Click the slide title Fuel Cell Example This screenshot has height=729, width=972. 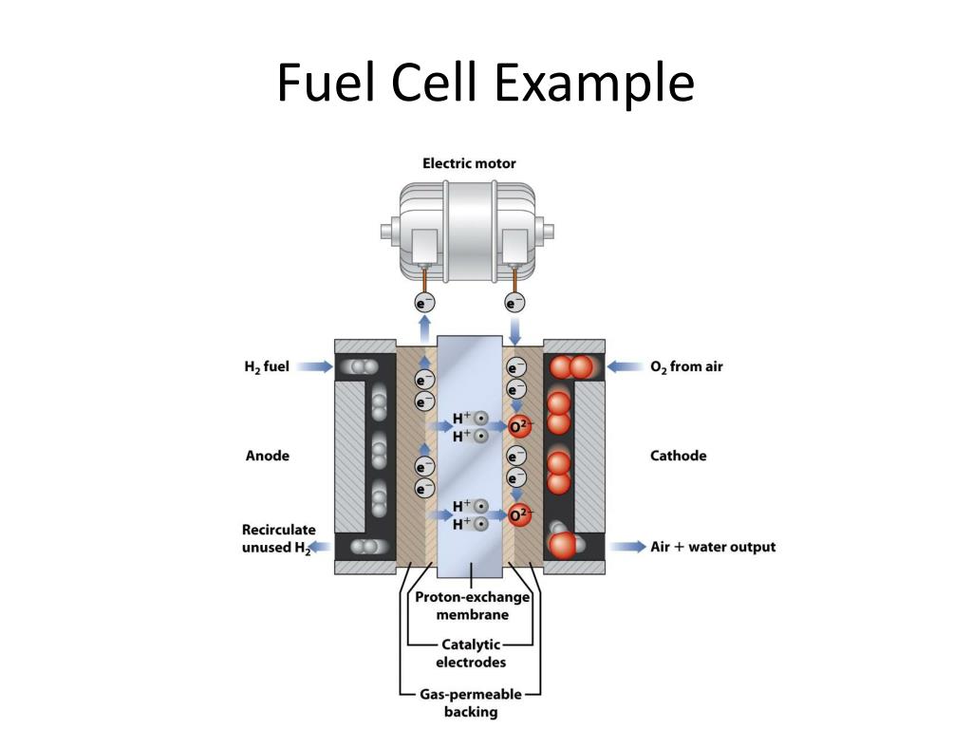click(485, 83)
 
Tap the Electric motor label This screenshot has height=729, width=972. click(469, 163)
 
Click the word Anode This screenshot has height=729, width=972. click(267, 456)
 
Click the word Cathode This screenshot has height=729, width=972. click(678, 456)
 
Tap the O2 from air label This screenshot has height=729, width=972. click(685, 366)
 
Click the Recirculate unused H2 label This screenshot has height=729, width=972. click(278, 538)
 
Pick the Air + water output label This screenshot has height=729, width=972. click(712, 547)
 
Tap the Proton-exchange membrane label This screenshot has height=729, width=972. click(472, 606)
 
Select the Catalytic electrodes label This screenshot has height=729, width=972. click(472, 653)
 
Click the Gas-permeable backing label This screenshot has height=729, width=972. click(471, 702)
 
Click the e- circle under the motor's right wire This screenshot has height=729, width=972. click(514, 304)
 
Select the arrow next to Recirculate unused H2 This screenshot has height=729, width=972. click(321, 547)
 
